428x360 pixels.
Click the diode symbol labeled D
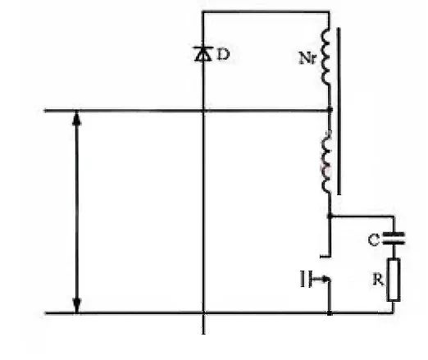203,54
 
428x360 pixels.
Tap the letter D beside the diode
223,54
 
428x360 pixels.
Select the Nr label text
307,58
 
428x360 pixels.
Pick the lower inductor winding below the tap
326,162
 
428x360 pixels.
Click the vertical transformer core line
339,111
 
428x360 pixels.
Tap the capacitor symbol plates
394,238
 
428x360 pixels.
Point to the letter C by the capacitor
374,240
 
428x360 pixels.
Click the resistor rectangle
394,280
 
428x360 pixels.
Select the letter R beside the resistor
378,280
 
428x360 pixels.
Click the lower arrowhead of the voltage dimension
77,305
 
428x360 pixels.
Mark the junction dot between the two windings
330,110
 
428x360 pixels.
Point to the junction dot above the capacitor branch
330,216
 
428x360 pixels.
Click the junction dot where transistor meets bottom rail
330,312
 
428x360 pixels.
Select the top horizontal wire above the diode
266,12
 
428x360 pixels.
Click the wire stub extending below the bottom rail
203,324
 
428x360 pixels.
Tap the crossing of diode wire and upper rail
203,111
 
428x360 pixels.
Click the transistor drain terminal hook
326,256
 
